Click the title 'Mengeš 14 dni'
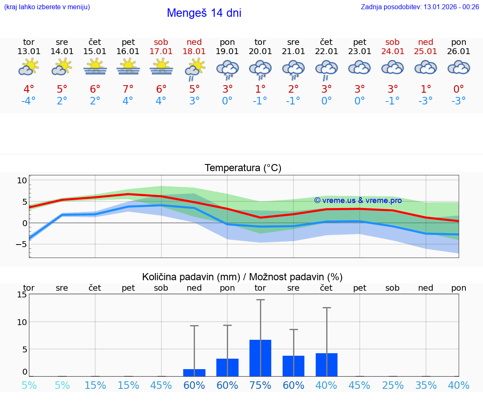click(x=204, y=13)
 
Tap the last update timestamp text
click(x=420, y=7)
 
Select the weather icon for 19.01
click(x=227, y=69)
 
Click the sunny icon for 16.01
click(x=128, y=67)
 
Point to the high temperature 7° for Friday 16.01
click(x=128, y=89)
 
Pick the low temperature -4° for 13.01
click(x=29, y=101)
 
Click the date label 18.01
click(x=194, y=52)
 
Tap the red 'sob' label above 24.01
click(x=392, y=42)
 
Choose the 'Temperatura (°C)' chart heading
click(x=243, y=168)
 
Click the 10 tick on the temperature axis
click(x=22, y=180)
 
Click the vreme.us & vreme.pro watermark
click(x=358, y=201)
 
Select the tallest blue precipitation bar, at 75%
click(x=260, y=358)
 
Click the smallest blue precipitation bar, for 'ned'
click(x=194, y=373)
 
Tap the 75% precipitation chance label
click(x=260, y=385)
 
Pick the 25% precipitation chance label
click(x=392, y=385)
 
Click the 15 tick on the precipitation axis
click(x=22, y=294)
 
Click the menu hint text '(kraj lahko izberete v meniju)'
click(x=47, y=7)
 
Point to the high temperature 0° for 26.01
click(x=459, y=89)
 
